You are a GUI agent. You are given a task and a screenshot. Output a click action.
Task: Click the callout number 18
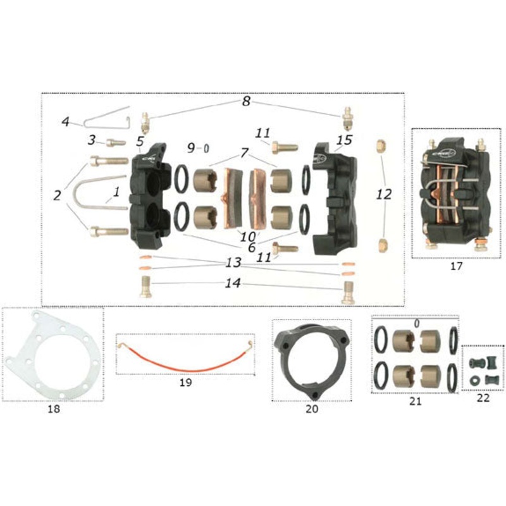click(x=54, y=409)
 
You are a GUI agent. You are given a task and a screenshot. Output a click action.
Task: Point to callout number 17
click(x=457, y=266)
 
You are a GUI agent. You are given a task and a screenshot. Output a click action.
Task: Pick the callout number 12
click(x=384, y=195)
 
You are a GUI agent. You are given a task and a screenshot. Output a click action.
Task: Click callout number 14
click(x=234, y=284)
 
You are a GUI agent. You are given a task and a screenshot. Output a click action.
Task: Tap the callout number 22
click(x=483, y=398)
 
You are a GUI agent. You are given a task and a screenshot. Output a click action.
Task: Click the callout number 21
click(x=415, y=401)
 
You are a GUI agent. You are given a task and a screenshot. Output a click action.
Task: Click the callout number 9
click(x=192, y=148)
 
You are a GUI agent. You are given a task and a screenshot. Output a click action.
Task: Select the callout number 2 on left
click(x=58, y=195)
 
